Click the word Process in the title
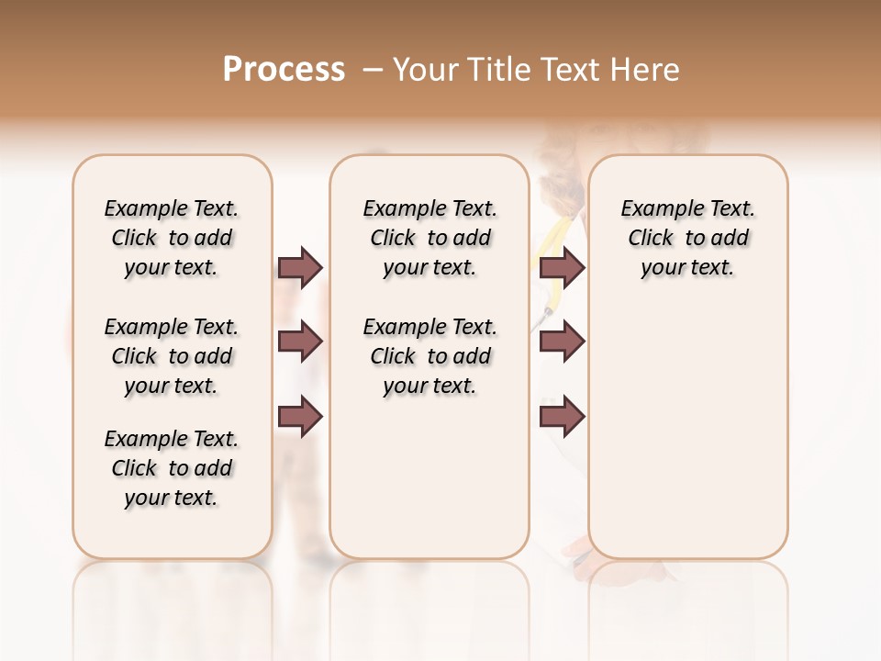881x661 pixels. (284, 70)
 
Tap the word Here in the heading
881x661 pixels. (647, 70)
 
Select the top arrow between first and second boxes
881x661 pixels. (300, 267)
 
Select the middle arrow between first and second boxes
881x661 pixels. (300, 342)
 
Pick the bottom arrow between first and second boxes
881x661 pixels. (300, 417)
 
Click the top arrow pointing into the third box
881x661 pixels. (562, 267)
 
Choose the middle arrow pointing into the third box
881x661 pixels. (562, 342)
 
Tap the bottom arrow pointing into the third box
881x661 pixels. (562, 417)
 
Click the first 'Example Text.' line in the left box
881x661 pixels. (172, 208)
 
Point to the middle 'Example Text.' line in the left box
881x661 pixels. (172, 327)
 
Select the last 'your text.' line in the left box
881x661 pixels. (172, 498)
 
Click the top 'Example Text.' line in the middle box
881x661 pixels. (430, 208)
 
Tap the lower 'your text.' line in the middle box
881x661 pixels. (430, 386)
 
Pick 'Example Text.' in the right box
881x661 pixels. (688, 208)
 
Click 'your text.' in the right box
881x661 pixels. (688, 267)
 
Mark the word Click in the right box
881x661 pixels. (651, 238)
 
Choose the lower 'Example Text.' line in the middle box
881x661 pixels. (430, 327)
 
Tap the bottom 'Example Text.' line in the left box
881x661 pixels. (172, 439)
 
